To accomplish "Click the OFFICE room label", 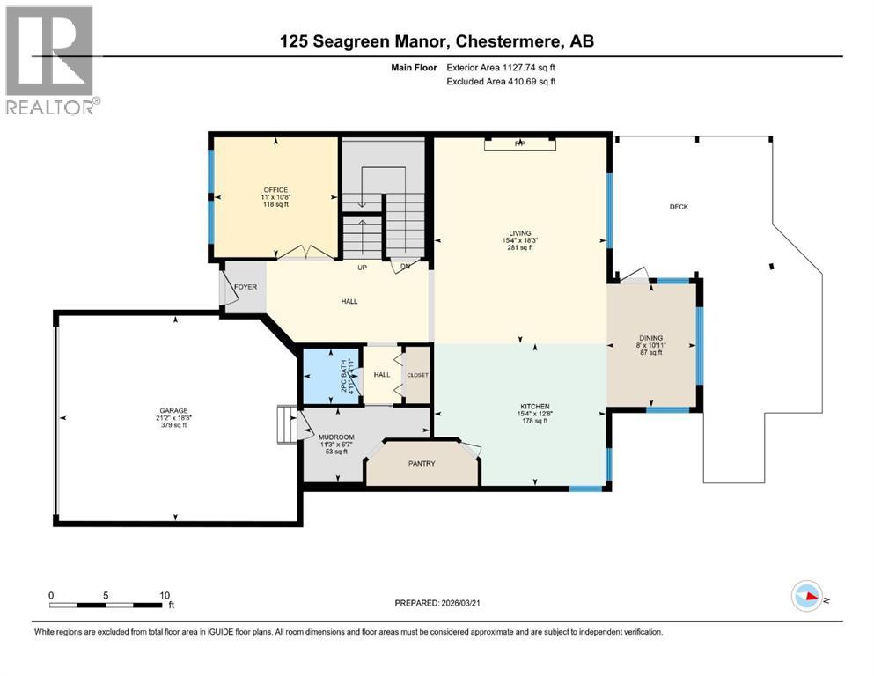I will [275, 189].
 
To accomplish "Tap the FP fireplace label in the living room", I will [519, 143].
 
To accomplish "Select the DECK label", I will [679, 207].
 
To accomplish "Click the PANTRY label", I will [422, 463].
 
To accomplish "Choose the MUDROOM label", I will [335, 437].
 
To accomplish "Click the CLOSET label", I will [417, 375].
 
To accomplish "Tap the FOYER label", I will [245, 286].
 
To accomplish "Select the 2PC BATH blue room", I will [331, 376].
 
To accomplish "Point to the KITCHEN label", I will [534, 406].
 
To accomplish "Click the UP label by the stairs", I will [362, 268].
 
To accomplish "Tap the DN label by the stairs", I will [405, 268].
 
